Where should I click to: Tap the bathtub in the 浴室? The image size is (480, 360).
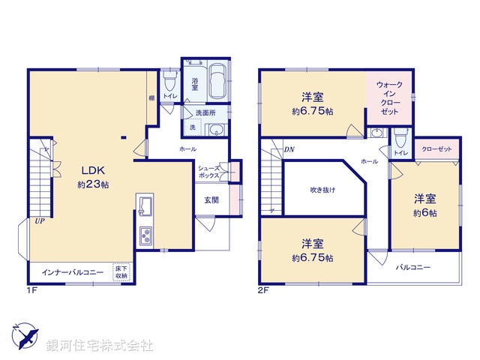(217, 82)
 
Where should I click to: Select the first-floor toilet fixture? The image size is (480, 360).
(169, 78)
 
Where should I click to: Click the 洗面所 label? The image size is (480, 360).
(205, 112)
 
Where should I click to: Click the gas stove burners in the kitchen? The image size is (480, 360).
(144, 236)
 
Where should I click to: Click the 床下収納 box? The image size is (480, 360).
(121, 271)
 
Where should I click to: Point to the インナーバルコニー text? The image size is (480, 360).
(72, 271)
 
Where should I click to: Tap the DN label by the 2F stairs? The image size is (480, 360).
(289, 149)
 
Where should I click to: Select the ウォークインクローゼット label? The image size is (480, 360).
(388, 98)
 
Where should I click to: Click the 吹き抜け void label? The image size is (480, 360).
(322, 190)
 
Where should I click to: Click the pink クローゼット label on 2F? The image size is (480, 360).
(436, 149)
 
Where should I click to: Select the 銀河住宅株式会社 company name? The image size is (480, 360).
(100, 346)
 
